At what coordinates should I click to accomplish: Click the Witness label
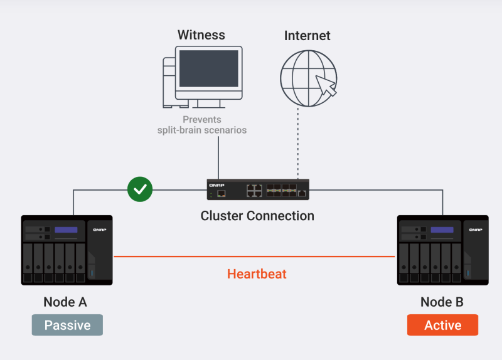coord(201,35)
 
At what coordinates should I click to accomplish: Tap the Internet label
coord(307,35)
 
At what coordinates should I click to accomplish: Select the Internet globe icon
coord(307,77)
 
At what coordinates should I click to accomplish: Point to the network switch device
coord(258,189)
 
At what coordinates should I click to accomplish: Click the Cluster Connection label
coord(257,216)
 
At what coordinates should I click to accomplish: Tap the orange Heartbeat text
coord(257,274)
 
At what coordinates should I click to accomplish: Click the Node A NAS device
coord(67,250)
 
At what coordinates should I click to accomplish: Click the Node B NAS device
coord(442,250)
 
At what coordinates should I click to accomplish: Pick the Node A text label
coord(65,302)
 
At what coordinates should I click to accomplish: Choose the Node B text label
coord(442,302)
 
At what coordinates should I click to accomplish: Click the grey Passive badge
coord(67,325)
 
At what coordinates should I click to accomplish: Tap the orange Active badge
coord(442,325)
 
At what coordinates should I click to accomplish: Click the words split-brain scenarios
coord(202,130)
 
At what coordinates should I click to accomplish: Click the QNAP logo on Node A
coord(100,230)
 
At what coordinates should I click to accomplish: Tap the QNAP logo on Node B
coord(474,230)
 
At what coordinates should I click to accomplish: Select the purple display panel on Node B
coord(442,230)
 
